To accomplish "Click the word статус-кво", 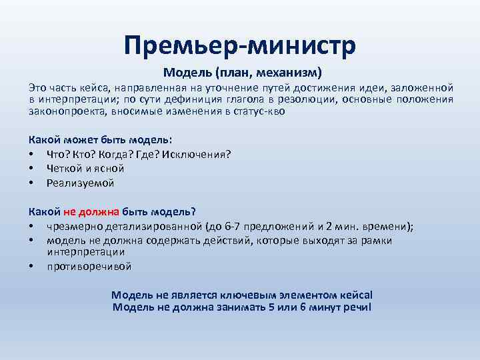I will coord(266,112).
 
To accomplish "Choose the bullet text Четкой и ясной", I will coord(83,169).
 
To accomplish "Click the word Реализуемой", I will coord(81,183).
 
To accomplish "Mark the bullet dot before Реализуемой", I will coord(31,183).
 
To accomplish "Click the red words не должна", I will coord(91,212).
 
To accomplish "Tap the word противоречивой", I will coord(89,267).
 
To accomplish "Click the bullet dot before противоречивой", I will coord(31,267).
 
